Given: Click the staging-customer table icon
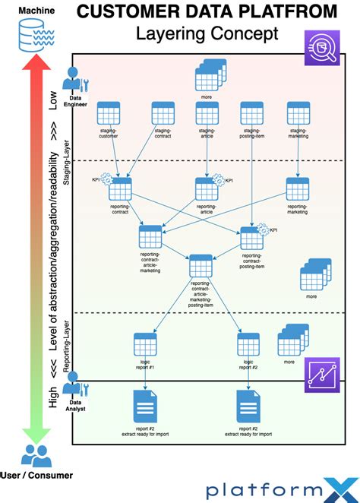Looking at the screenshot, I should [x=108, y=113].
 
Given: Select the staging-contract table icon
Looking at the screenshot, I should [x=163, y=113].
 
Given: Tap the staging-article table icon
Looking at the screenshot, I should [x=207, y=113].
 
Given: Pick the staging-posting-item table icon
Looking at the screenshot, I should [x=252, y=113].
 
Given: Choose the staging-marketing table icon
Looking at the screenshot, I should [x=298, y=113].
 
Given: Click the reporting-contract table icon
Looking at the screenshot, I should [x=120, y=188].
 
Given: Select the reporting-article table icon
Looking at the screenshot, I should [x=207, y=188].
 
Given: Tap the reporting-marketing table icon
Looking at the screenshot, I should [x=298, y=188].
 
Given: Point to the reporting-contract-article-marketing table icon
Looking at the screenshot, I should [x=151, y=236].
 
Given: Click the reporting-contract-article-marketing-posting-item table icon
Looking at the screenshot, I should [x=201, y=266].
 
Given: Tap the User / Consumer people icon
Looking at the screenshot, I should [x=36, y=455].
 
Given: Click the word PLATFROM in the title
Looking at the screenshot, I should [x=277, y=11].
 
